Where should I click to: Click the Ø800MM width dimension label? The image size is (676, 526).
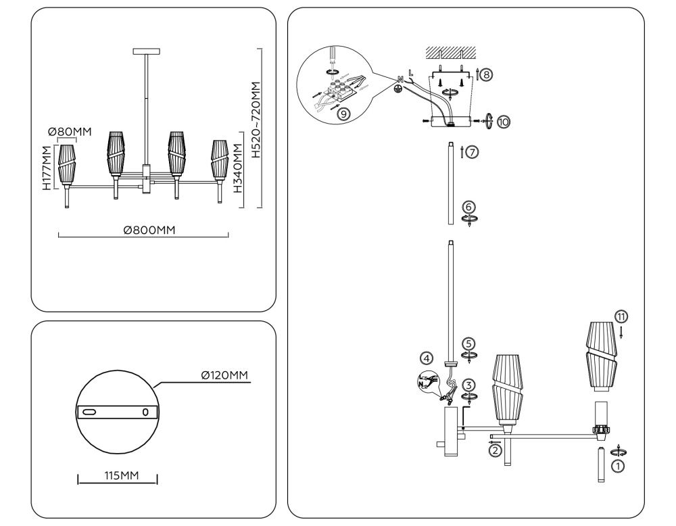point(149,231)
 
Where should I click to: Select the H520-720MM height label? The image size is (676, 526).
point(256,120)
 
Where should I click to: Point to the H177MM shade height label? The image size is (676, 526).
point(47,168)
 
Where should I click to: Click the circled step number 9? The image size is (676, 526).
point(343,114)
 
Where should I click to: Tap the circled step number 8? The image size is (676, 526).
point(486,74)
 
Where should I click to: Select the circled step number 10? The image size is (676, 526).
point(503,122)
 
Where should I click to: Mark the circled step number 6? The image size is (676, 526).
point(470,206)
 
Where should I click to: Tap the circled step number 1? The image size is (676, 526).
point(617,464)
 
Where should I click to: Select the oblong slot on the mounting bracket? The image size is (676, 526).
point(89,411)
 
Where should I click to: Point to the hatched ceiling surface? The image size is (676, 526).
point(451,52)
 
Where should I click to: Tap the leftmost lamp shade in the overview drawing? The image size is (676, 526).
point(66,164)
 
